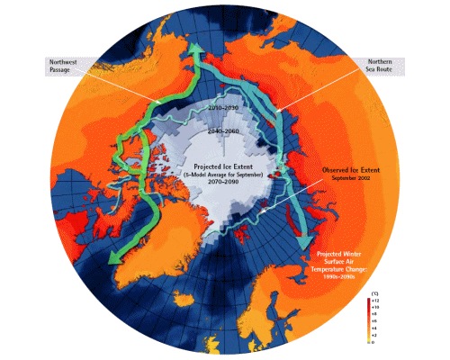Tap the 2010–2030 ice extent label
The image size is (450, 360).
tap(220, 106)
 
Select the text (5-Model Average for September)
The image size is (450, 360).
tap(213, 174)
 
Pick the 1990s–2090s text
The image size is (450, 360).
tap(362, 273)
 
